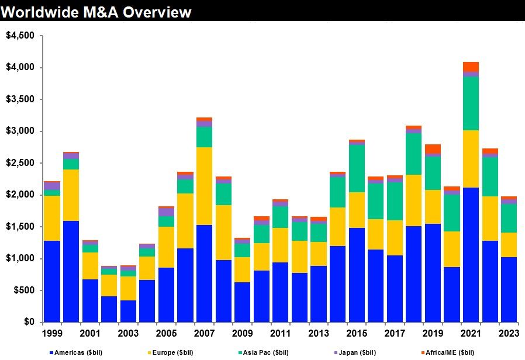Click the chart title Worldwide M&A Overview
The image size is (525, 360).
[x=96, y=11]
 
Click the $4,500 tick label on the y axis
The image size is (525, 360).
[x=21, y=36]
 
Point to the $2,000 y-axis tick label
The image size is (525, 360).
[x=21, y=195]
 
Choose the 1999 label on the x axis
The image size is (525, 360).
[x=52, y=334]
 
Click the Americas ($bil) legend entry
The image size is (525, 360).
[x=76, y=352]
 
